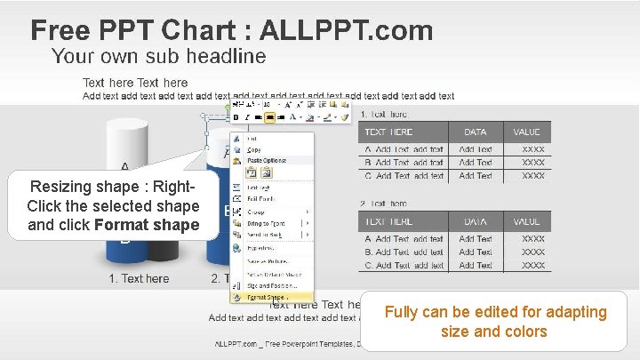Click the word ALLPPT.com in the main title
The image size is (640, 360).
[x=347, y=31]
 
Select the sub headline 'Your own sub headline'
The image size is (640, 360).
[x=158, y=57]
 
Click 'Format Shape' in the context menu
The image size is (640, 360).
[x=268, y=297]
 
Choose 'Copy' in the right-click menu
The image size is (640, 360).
[x=254, y=149]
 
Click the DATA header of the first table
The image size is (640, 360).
[x=475, y=132]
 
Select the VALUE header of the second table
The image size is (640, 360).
[x=526, y=220]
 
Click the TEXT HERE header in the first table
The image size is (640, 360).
[x=401, y=132]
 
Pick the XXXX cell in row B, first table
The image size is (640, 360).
[x=533, y=163]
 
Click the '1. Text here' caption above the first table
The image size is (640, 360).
[x=383, y=114]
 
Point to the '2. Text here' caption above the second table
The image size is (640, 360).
[x=383, y=204]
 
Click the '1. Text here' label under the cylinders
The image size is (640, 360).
[x=139, y=278]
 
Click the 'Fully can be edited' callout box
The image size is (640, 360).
[x=495, y=322]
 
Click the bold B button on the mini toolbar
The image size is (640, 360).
[x=236, y=116]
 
